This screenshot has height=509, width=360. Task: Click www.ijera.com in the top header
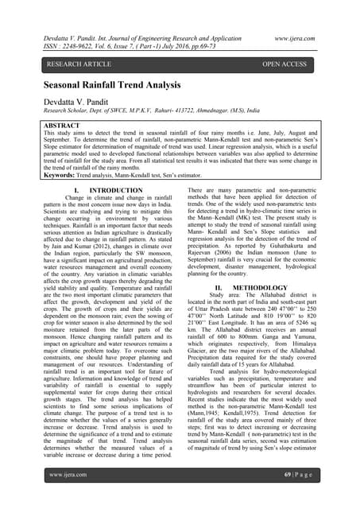(314, 37)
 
